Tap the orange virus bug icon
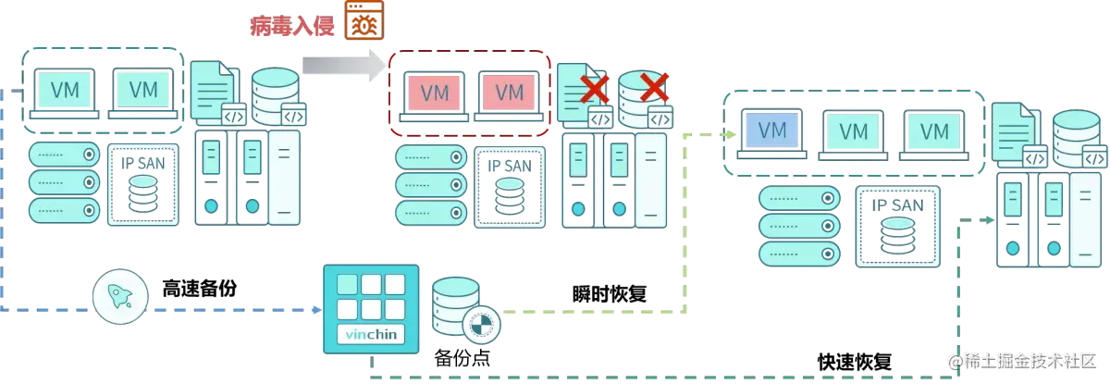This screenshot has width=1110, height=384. pyautogui.click(x=363, y=22)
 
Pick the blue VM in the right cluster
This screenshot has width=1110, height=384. pyautogui.click(x=772, y=130)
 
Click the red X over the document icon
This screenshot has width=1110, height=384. pyautogui.click(x=595, y=89)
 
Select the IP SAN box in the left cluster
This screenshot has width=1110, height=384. pyautogui.click(x=142, y=185)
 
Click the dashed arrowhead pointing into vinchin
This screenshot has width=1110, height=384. pyautogui.click(x=313, y=309)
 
